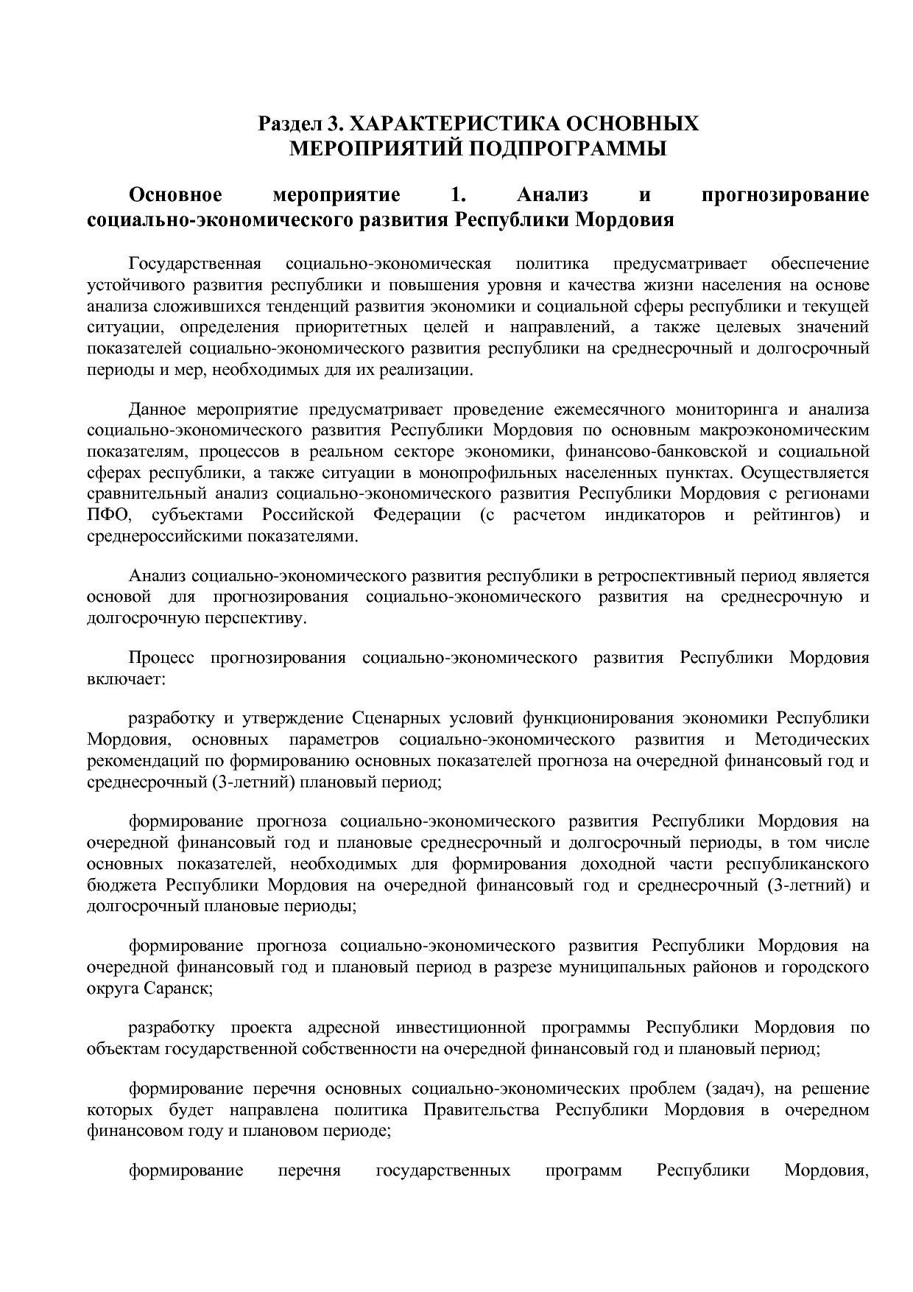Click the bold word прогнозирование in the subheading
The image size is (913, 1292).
click(786, 195)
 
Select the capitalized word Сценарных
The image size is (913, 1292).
click(397, 718)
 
